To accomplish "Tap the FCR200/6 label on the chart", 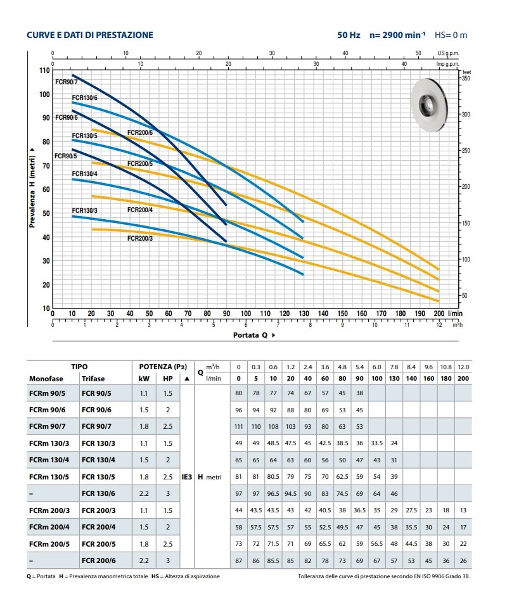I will [140, 132].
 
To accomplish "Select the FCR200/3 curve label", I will [140, 238].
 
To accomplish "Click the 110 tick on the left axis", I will [44, 70].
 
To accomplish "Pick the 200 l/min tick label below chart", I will [438, 313].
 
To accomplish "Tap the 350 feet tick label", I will [466, 78].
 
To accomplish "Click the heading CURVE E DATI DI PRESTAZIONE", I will [90, 35].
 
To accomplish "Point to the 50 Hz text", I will [349, 35].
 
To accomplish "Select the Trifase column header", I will [93, 379].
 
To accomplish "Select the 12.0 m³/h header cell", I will [464, 367].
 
